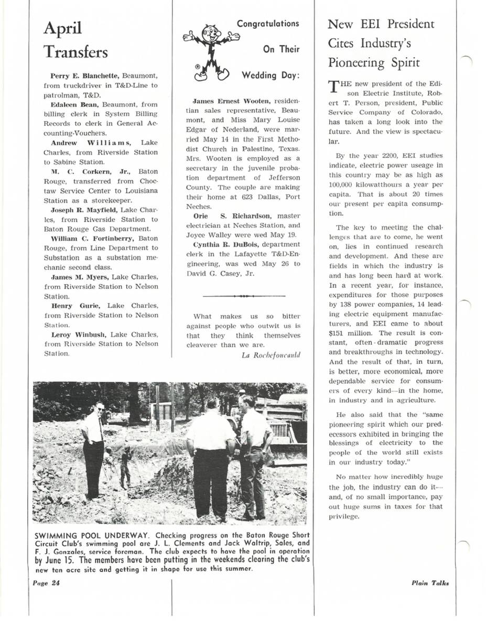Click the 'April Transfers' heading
(x=75, y=40)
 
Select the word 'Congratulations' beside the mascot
(x=268, y=24)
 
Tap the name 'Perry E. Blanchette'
(x=87, y=76)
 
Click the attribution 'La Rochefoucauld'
(x=271, y=355)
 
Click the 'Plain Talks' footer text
(x=430, y=583)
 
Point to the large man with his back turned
(x=211, y=456)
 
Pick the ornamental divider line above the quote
(x=243, y=296)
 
